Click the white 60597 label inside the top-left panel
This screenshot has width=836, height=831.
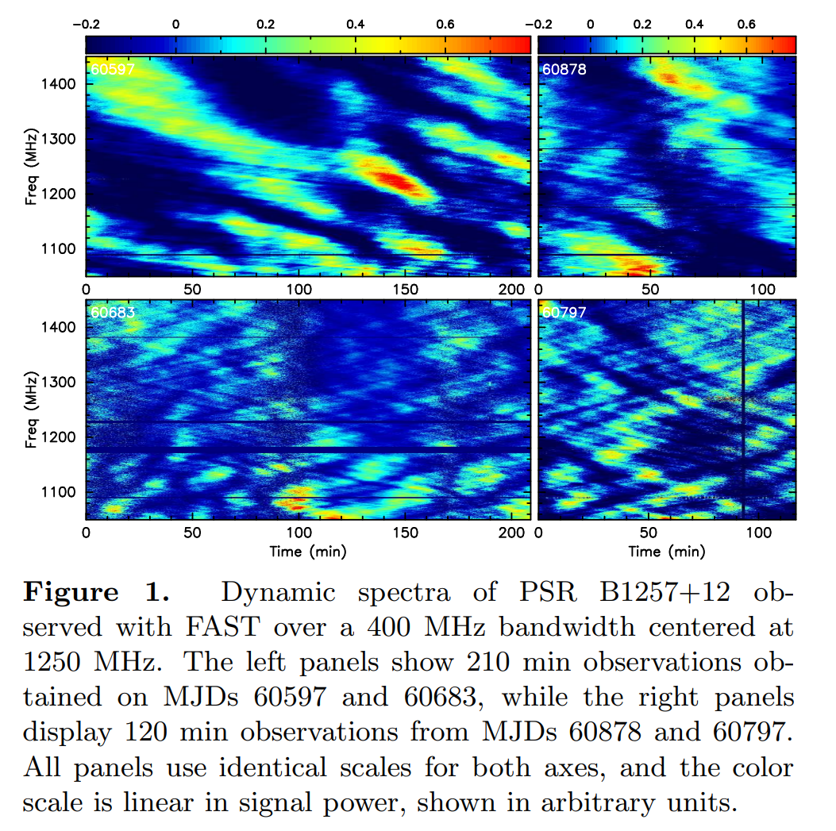(x=112, y=69)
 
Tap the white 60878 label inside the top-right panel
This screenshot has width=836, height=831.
(x=564, y=69)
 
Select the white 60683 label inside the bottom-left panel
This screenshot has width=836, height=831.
(x=112, y=313)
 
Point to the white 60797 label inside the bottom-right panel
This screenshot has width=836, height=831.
(x=564, y=313)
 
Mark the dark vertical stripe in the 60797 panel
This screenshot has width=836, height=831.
(x=742, y=410)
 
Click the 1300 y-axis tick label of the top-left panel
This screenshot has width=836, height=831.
(x=59, y=139)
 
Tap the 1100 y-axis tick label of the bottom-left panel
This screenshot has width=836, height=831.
(x=59, y=492)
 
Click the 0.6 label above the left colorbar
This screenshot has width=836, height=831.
(x=445, y=25)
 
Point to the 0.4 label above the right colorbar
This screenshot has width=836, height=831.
(x=694, y=25)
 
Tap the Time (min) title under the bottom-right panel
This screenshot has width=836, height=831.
(x=666, y=551)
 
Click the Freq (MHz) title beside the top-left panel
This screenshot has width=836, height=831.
(x=31, y=167)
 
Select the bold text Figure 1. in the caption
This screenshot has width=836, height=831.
(x=97, y=592)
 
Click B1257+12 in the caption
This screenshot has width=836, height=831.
(x=665, y=592)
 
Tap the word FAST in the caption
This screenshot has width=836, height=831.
(x=222, y=627)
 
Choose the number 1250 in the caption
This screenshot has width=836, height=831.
(x=52, y=662)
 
